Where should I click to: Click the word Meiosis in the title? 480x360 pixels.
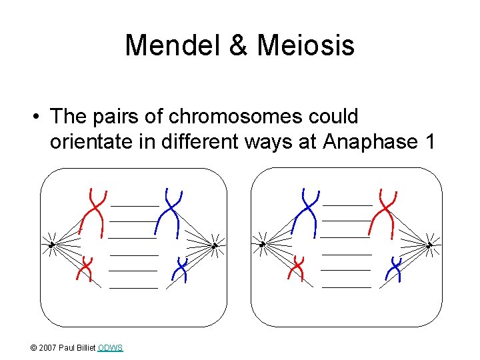coord(305,46)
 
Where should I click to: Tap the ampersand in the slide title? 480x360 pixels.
coord(242,46)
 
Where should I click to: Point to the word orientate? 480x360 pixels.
coord(91,142)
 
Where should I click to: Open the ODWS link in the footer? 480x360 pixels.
coord(110,348)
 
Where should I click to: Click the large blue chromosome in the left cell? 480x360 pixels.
coord(169,212)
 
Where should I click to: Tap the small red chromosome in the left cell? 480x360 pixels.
coord(85,269)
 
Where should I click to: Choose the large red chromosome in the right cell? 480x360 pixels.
coord(383,212)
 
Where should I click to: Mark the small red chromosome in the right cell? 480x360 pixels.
coord(297,269)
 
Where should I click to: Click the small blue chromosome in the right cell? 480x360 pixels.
coord(395,269)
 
